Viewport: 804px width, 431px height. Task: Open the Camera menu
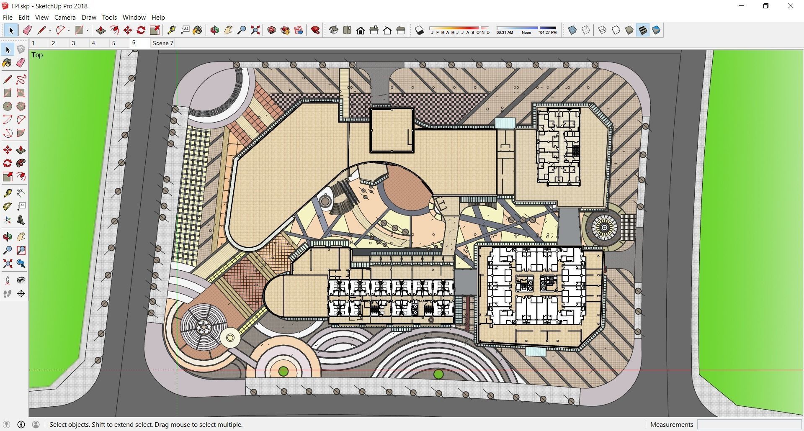(x=65, y=18)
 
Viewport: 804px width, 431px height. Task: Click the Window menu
(x=134, y=18)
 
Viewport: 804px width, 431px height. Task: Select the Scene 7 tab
(x=162, y=43)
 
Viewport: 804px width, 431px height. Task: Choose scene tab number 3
(x=74, y=43)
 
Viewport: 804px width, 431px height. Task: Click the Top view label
(x=37, y=55)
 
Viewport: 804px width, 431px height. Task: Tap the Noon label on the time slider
(x=526, y=33)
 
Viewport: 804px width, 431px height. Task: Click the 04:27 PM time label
(x=548, y=33)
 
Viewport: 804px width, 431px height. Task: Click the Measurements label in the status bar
(x=672, y=424)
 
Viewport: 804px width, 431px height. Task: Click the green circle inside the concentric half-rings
(x=283, y=371)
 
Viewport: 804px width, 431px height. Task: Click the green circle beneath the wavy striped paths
(x=438, y=374)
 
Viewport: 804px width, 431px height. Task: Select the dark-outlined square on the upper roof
(x=392, y=130)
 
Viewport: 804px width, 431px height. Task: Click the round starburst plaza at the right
(x=604, y=227)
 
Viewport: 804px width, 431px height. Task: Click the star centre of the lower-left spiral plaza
(x=204, y=327)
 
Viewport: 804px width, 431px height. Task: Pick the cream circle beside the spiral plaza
(x=230, y=338)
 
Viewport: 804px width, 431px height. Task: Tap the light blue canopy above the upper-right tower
(x=505, y=123)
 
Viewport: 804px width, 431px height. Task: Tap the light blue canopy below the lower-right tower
(x=536, y=351)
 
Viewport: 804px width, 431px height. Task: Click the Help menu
(x=158, y=18)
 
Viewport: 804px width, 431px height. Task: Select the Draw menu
(x=89, y=18)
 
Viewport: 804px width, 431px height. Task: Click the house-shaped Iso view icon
(x=361, y=31)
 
